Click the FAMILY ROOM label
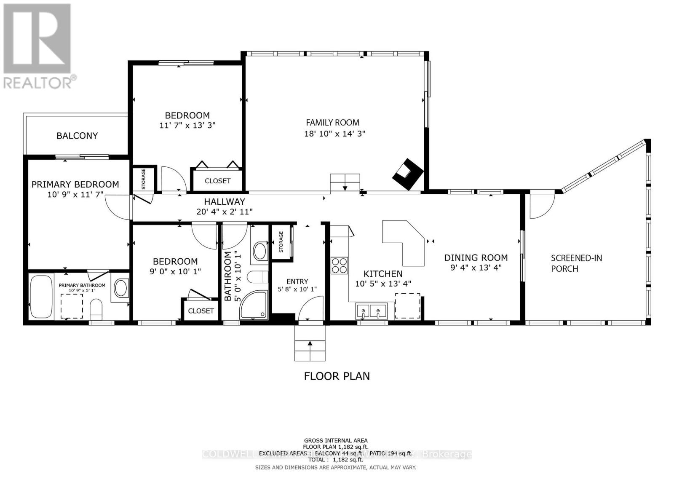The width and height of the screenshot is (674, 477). (332, 123)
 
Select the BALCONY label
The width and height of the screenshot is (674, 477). (77, 136)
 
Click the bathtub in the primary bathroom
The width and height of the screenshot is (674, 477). (41, 296)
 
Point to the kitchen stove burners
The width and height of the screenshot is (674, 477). (339, 265)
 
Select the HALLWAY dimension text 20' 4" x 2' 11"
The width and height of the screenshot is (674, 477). (225, 212)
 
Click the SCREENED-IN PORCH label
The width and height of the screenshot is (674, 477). (576, 263)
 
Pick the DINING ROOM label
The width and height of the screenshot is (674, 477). (476, 257)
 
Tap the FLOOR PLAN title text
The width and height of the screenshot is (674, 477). (337, 376)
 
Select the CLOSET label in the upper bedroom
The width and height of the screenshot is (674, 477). (217, 181)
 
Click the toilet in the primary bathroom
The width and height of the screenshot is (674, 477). (96, 310)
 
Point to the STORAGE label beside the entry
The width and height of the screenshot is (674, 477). (281, 242)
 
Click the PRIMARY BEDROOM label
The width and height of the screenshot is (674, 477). (75, 184)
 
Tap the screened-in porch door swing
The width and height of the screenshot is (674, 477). (542, 206)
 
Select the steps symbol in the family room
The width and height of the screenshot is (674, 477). (345, 182)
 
